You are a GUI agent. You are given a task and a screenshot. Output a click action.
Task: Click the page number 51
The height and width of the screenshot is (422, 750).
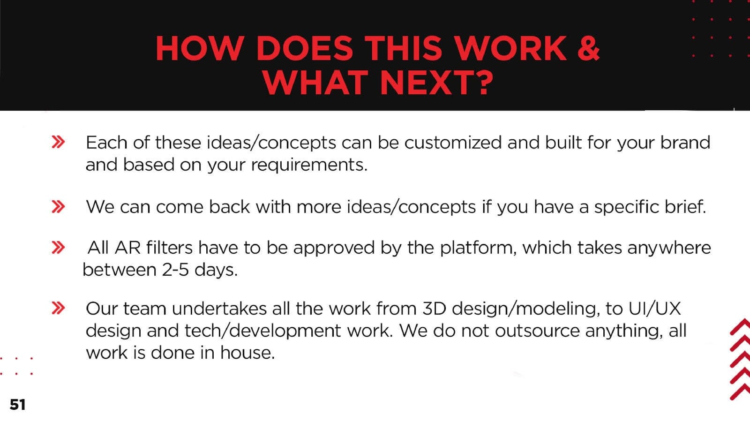[18, 405]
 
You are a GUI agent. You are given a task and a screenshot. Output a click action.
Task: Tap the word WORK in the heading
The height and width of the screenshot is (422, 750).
[511, 48]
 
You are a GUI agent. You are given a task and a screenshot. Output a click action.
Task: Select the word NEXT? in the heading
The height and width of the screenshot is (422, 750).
[437, 83]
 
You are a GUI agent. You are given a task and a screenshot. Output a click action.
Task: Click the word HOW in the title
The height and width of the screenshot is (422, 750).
[200, 48]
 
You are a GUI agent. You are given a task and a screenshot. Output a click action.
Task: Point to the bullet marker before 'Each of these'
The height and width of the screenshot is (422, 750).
[58, 142]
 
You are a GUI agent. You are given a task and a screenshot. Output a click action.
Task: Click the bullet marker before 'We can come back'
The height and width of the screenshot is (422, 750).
[58, 207]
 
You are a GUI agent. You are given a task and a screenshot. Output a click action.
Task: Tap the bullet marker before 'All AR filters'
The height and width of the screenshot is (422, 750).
[58, 248]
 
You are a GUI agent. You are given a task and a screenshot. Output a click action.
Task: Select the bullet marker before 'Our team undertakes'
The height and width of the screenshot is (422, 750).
[58, 308]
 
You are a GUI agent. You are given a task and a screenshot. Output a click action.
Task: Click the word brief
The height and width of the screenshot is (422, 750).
[685, 206]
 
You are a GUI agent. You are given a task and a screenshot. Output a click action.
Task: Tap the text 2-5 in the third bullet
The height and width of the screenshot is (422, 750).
[175, 270]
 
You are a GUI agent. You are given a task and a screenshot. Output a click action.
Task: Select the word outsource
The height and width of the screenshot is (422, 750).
[537, 331]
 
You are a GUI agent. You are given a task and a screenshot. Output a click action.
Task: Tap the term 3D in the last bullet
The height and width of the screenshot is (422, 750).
[434, 309]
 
